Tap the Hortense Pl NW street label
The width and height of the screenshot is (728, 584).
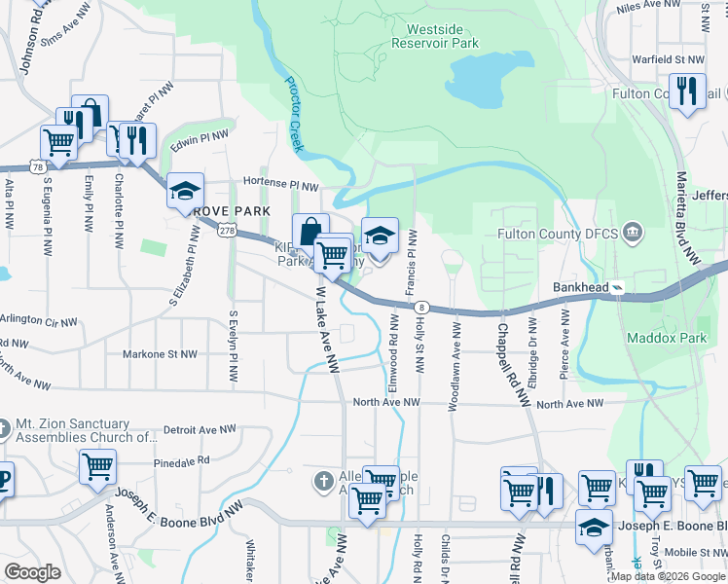[281, 185]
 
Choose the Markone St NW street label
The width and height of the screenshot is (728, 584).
[160, 355]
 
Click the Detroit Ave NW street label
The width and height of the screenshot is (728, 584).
[200, 428]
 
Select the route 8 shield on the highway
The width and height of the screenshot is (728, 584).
[420, 307]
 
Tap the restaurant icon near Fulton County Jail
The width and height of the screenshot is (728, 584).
[688, 91]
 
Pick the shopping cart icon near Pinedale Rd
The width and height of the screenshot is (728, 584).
[98, 466]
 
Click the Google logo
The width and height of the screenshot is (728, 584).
[32, 572]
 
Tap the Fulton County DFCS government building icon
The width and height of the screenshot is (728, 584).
[633, 234]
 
